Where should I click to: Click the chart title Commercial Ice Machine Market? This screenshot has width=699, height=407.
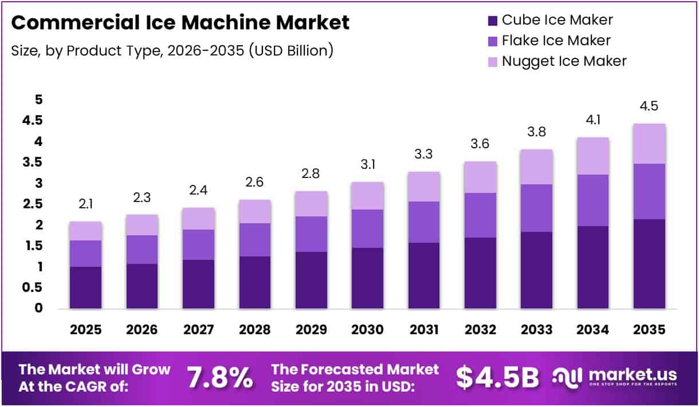click(180, 23)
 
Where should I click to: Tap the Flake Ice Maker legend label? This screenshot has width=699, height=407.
click(556, 40)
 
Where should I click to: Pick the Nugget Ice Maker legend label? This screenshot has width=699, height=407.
click(564, 61)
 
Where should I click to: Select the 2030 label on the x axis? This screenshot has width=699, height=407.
click(368, 330)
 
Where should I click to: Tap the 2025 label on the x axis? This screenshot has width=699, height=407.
click(85, 330)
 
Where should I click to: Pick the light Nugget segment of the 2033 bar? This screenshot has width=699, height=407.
click(537, 167)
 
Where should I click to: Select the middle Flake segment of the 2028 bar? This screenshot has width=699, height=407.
click(255, 239)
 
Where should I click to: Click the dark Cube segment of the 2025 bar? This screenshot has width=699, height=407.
click(85, 287)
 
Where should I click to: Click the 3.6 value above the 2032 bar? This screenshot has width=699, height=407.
click(480, 145)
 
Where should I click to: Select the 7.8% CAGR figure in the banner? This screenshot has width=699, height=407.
click(220, 377)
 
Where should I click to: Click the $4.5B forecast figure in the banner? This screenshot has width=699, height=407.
click(497, 377)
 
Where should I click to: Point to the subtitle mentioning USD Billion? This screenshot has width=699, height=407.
click(172, 50)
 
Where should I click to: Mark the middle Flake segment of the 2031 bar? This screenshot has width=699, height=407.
click(424, 222)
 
